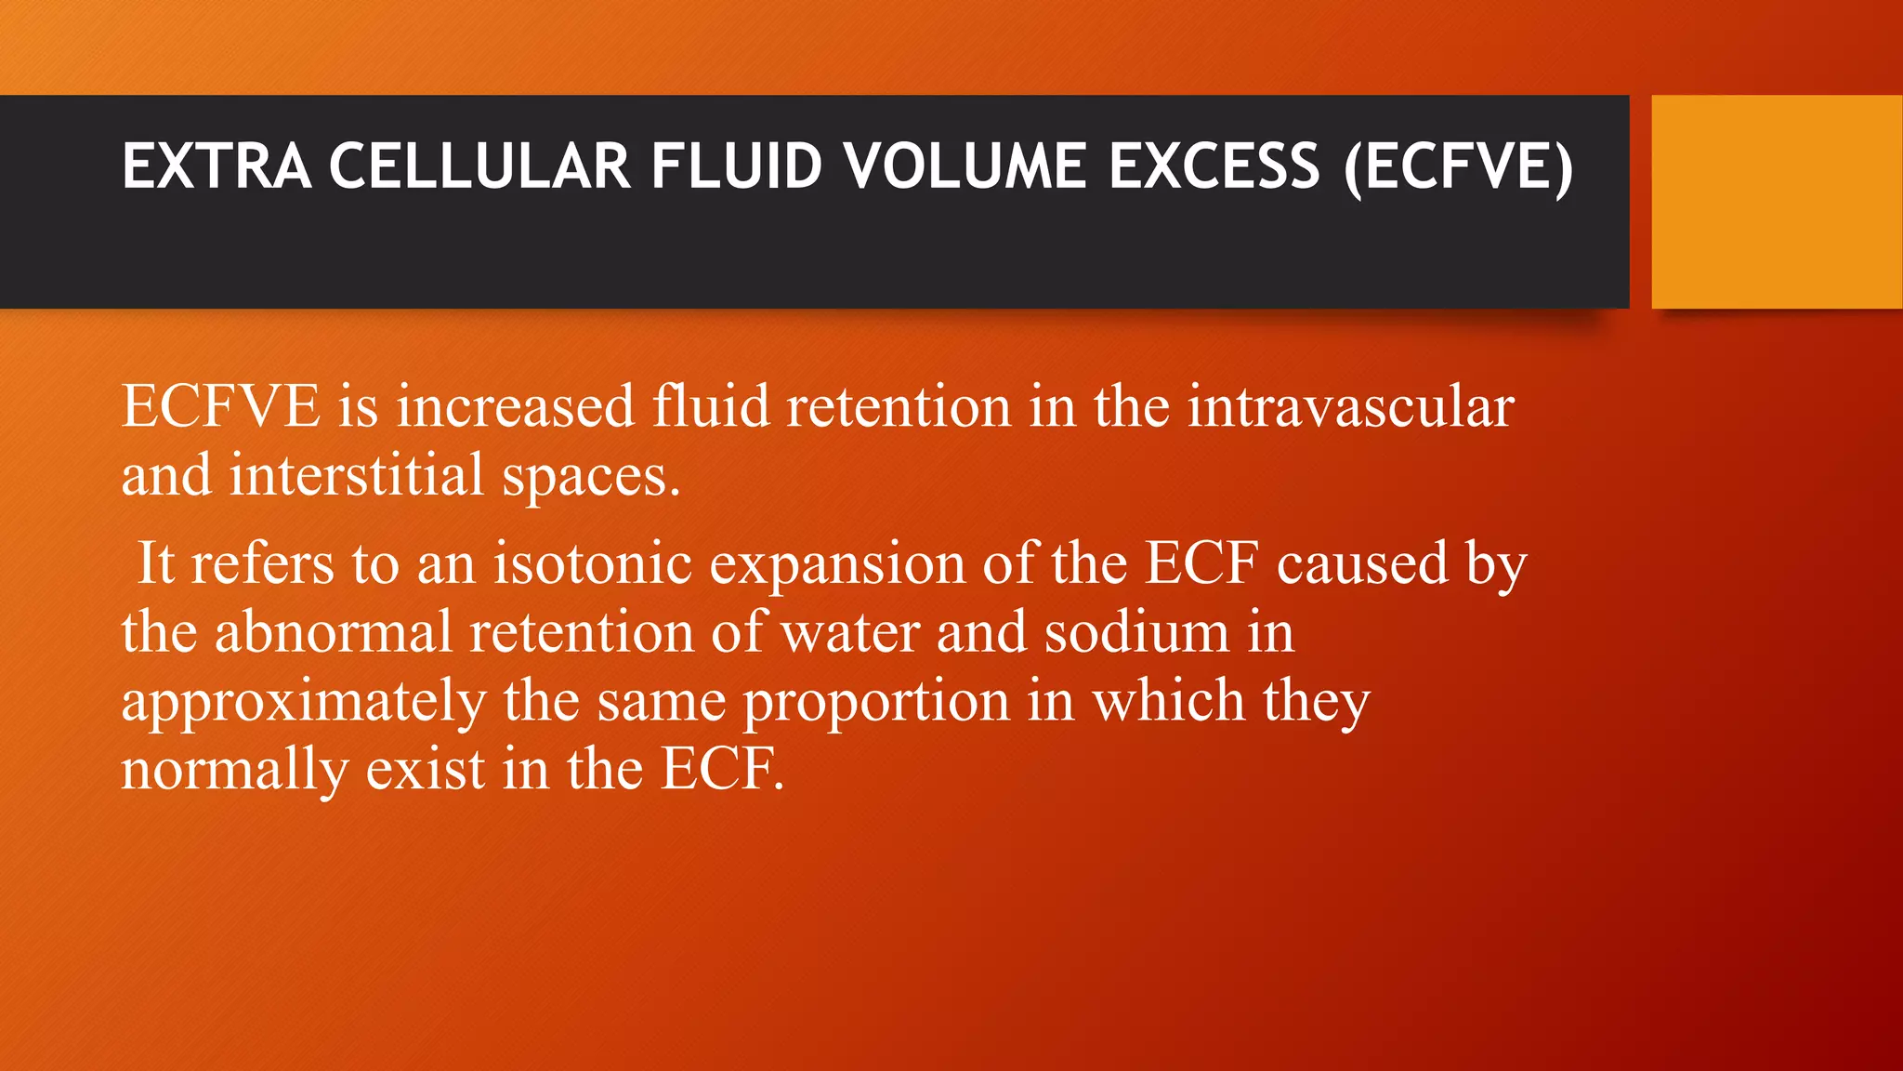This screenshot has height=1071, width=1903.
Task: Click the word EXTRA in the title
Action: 217,167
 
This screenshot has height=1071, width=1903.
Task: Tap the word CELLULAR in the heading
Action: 479,167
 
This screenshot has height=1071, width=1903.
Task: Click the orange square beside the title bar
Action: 1777,201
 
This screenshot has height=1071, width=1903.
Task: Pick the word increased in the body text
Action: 516,407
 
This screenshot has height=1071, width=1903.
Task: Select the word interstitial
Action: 357,475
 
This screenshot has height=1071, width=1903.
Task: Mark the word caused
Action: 1362,563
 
